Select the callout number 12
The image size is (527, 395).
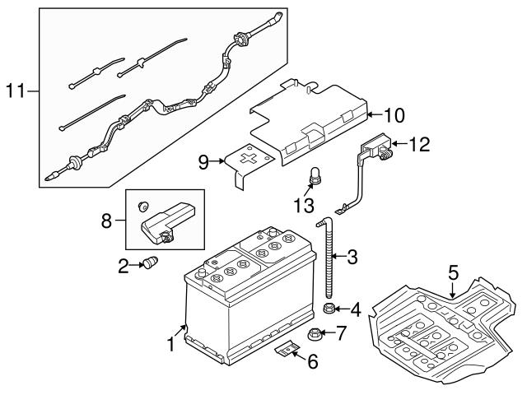tap(419, 145)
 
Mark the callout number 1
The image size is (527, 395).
tap(171, 344)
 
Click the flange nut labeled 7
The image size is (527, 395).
tap(315, 334)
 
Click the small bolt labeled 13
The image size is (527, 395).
tap(314, 174)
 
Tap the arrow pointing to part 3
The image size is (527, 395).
tap(339, 258)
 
